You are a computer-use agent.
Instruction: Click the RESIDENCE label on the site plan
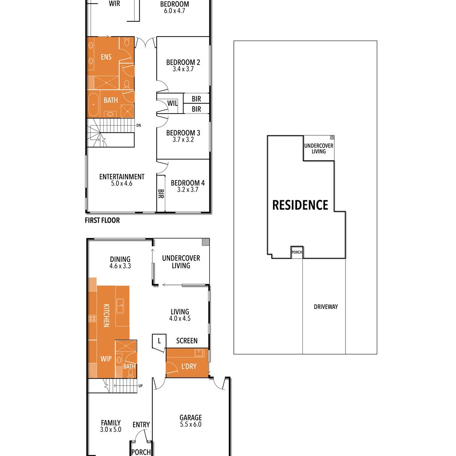(300, 205)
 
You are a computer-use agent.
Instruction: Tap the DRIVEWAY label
(326, 306)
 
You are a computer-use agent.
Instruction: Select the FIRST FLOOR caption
(102, 220)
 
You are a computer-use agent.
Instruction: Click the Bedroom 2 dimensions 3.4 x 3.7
(183, 69)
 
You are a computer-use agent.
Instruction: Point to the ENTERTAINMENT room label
(122, 176)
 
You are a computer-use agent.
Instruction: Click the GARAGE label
(191, 418)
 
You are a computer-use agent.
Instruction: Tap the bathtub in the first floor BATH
(94, 104)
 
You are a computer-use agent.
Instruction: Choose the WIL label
(172, 103)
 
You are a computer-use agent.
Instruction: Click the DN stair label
(139, 125)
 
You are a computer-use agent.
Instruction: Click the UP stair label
(140, 386)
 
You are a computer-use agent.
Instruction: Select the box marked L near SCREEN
(159, 342)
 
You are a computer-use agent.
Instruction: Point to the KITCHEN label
(107, 316)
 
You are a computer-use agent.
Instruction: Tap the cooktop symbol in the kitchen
(92, 319)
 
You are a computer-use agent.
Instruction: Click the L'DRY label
(189, 366)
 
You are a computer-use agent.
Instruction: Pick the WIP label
(106, 359)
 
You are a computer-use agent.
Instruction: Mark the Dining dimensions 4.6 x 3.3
(120, 266)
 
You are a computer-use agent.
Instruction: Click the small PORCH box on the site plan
(297, 252)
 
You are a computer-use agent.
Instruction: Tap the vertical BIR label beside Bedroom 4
(161, 194)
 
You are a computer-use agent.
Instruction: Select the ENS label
(106, 57)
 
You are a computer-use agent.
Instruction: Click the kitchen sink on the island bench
(120, 305)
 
